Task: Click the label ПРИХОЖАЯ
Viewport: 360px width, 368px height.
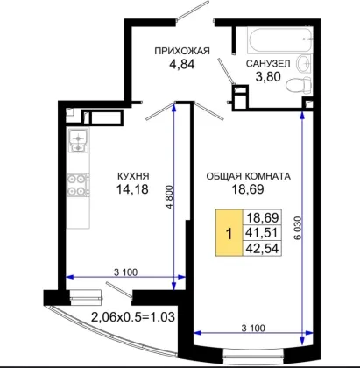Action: pos(182,51)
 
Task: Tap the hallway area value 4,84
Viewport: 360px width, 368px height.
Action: pos(182,64)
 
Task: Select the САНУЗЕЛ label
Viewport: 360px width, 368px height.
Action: pos(268,63)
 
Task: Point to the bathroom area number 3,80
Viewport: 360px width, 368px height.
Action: pos(268,77)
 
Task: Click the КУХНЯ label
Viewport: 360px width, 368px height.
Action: pos(133,176)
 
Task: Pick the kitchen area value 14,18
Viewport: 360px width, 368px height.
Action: pos(132,189)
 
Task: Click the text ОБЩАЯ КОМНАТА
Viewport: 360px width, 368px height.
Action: pos(249,176)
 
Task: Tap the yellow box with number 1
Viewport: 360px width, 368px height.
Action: pos(229,233)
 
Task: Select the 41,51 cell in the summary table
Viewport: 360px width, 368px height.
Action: pos(262,233)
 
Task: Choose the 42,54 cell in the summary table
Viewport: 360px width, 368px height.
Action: pos(262,249)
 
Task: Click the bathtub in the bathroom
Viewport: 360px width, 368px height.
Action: pos(279,40)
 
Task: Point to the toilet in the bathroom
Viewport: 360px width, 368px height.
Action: pos(299,85)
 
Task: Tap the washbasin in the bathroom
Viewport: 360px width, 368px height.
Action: pos(304,63)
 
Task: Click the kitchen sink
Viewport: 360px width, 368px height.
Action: pos(78,141)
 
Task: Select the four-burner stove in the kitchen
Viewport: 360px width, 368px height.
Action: pos(78,185)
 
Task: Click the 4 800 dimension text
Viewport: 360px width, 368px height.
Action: pos(169,196)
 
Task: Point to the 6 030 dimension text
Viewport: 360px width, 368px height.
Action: pos(298,228)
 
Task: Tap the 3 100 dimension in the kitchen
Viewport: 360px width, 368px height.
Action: pos(125,272)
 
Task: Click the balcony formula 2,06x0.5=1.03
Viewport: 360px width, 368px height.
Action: pos(133,317)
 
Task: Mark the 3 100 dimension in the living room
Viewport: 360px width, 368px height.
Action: pos(253,328)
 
